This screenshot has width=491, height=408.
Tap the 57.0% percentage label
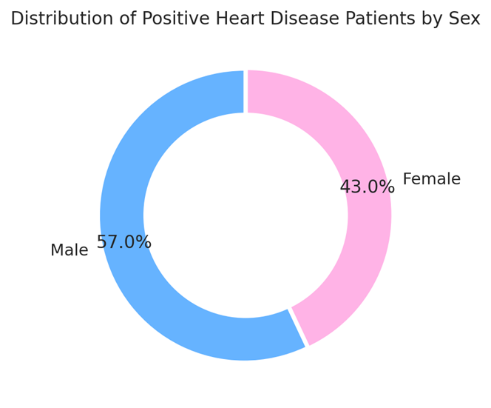pyautogui.click(x=123, y=242)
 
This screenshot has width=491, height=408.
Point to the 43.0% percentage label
pyautogui.click(x=367, y=187)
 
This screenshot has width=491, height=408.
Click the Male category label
pyautogui.click(x=69, y=250)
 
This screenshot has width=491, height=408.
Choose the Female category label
pyautogui.click(x=431, y=179)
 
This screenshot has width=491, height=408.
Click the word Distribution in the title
pyautogui.click(x=61, y=19)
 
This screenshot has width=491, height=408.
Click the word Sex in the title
pyautogui.click(x=464, y=19)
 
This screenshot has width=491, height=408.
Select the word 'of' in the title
pyautogui.click(x=127, y=19)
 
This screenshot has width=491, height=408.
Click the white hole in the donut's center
pyautogui.click(x=245, y=215)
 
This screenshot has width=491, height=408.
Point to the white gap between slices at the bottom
pyautogui.click(x=298, y=327)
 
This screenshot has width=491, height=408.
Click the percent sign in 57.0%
pyautogui.click(x=144, y=242)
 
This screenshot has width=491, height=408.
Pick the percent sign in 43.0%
pyautogui.click(x=387, y=187)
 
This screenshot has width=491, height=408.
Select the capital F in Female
pyautogui.click(x=407, y=179)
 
